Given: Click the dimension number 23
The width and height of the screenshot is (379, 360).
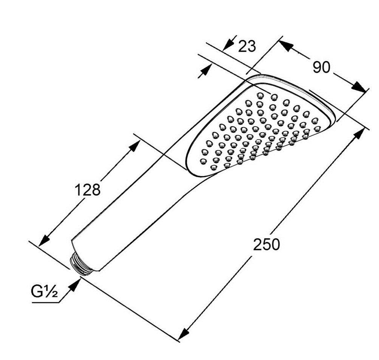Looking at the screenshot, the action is (247, 46).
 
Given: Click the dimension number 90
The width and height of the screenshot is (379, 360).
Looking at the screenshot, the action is (321, 67).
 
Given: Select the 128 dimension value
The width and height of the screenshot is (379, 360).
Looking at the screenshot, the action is (87, 190).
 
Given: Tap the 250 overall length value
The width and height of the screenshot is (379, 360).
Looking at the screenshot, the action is (266, 244).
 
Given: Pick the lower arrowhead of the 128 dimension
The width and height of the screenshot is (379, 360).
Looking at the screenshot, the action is (44, 240).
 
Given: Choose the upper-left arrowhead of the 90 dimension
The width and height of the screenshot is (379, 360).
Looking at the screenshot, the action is (285, 46).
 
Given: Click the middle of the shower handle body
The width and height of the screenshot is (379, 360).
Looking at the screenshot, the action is (135, 208).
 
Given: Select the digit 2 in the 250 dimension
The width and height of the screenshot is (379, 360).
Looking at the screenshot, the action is (257, 244).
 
